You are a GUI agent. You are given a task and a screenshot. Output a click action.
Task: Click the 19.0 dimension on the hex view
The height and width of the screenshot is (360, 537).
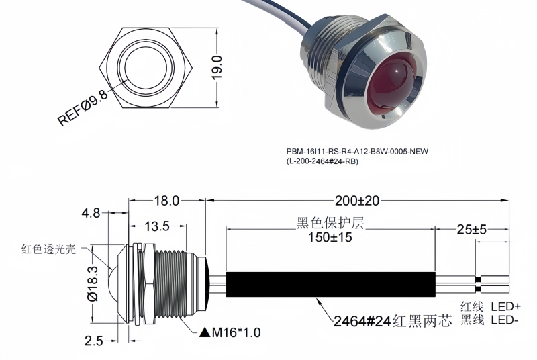(x=217, y=68)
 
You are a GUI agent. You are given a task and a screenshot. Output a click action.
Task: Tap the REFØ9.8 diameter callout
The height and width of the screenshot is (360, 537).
(x=83, y=107)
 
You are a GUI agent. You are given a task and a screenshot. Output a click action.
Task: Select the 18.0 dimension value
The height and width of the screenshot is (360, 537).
(x=166, y=200)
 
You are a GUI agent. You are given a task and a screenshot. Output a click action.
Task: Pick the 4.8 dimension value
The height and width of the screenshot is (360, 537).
(x=91, y=213)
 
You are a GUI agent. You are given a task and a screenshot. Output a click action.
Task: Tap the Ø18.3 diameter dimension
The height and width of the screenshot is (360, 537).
(x=93, y=284)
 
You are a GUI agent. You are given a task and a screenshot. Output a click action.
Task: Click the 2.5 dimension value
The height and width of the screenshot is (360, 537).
(x=93, y=341)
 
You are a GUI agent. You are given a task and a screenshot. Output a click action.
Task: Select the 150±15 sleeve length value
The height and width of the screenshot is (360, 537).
(x=330, y=236)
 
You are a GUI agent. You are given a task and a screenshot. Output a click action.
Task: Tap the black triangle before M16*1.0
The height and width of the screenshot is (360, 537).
(x=204, y=332)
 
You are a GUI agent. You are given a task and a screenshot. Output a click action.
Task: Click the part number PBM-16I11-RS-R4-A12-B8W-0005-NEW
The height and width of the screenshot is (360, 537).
(x=356, y=152)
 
